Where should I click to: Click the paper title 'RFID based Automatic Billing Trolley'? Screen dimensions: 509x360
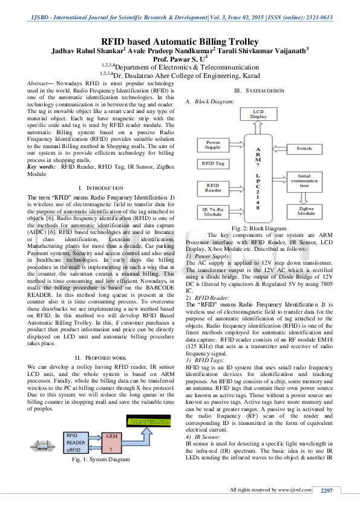pos(180,41)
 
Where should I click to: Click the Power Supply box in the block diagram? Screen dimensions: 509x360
pos(213,144)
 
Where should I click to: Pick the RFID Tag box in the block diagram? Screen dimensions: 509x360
pos(212,164)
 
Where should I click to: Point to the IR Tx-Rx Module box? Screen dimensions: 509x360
pos(213,210)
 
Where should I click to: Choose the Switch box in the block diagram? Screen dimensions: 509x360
pos(304,148)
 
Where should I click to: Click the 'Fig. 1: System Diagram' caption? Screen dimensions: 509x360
pos(101,477)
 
